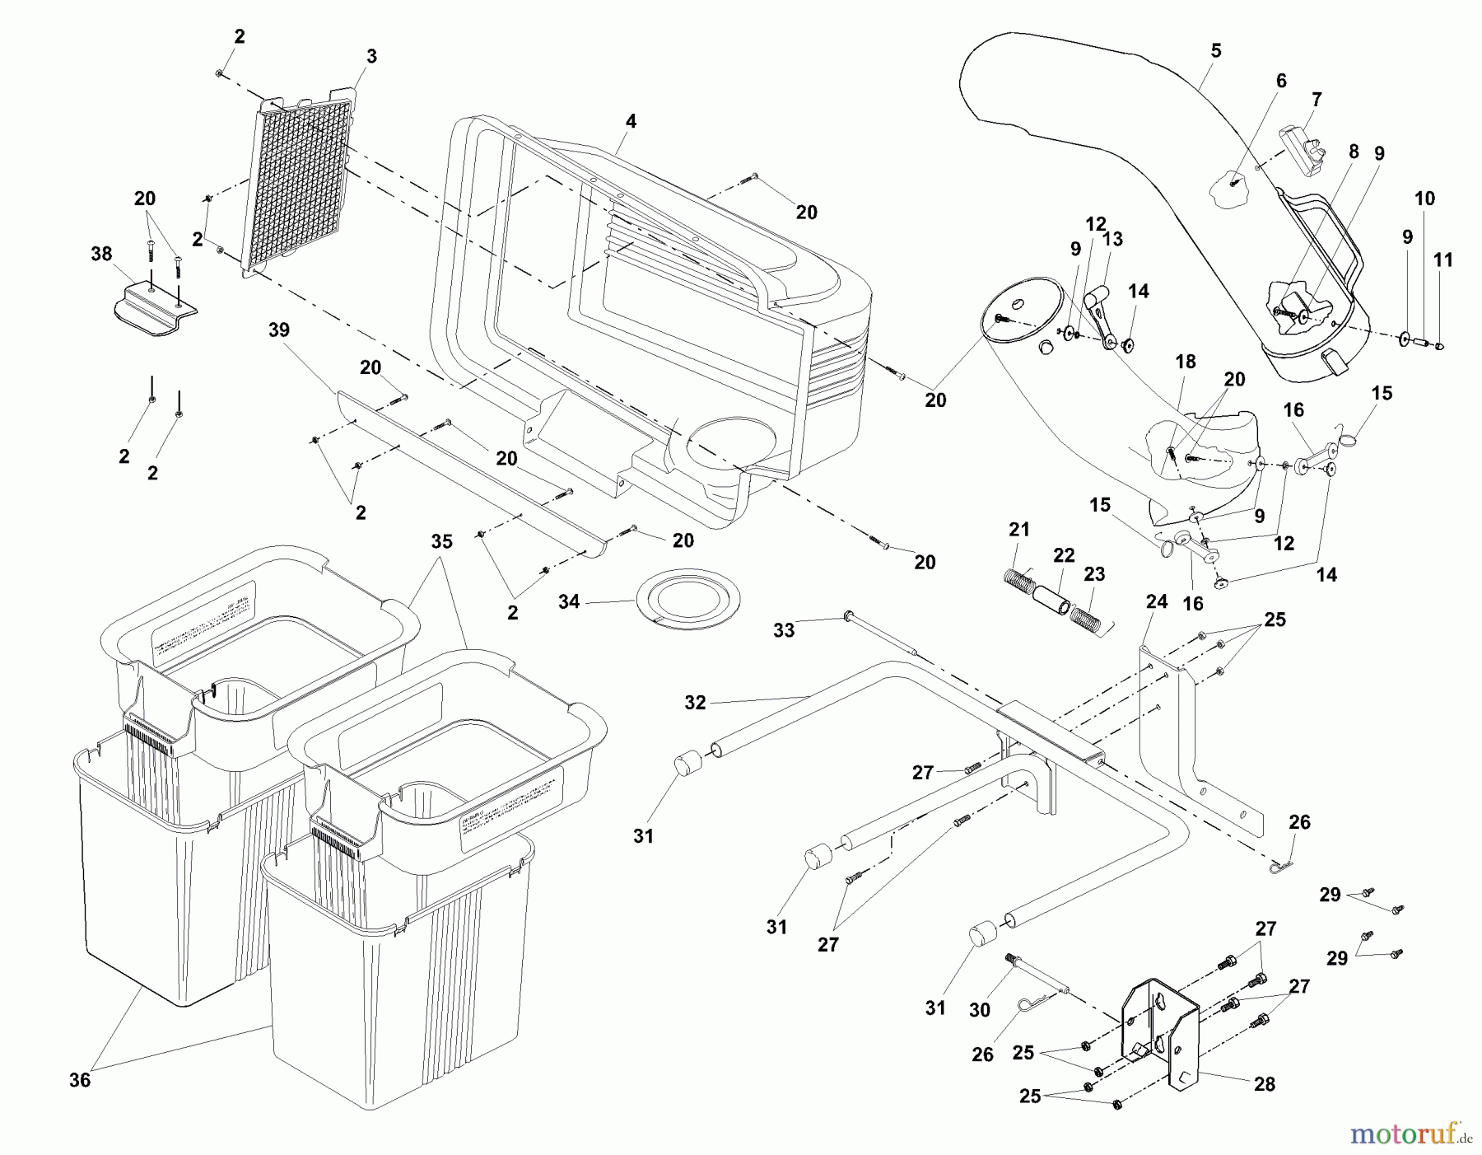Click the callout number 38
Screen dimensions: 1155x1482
[x=101, y=254]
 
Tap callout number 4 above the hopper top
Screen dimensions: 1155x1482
[x=630, y=122]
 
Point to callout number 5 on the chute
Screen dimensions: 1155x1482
[x=1216, y=51]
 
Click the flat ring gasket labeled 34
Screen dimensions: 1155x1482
[x=688, y=600]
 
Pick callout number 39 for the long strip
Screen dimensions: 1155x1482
[x=279, y=330]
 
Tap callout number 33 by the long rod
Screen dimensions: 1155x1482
[x=784, y=630]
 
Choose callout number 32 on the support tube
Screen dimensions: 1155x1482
[x=696, y=703]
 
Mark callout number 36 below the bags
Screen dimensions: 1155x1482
[x=80, y=1080]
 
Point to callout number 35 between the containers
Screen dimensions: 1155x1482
[x=442, y=541]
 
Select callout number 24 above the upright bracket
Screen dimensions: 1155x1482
[x=1157, y=602]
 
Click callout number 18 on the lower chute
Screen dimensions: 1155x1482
[x=1186, y=362]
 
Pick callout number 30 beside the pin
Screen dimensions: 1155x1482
[x=979, y=1010]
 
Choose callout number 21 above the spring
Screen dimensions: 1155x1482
[x=1019, y=530]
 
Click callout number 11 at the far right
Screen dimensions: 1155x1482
[x=1442, y=260]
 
